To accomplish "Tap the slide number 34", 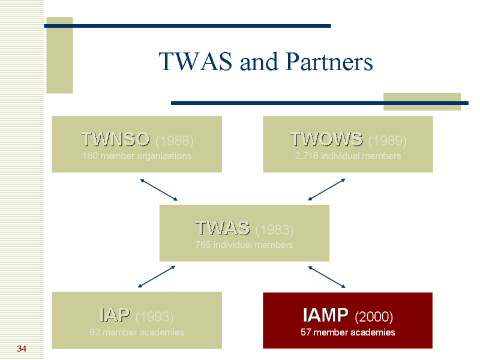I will click(22, 349).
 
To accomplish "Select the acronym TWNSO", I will click(115, 140).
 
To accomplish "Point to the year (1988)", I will click(174, 141).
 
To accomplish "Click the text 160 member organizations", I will click(137, 156).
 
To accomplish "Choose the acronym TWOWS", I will click(326, 140).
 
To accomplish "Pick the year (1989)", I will click(387, 141).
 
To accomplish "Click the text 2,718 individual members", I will click(348, 156).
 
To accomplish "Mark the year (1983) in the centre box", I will click(274, 229).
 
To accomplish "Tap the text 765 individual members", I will click(244, 245).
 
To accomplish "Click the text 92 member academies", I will click(137, 332).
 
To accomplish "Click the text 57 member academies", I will click(348, 332).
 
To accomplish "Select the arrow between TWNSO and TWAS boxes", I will click(159, 190).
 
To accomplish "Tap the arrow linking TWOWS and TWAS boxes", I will click(327, 189).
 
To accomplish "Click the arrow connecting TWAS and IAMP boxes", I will click(327, 277).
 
